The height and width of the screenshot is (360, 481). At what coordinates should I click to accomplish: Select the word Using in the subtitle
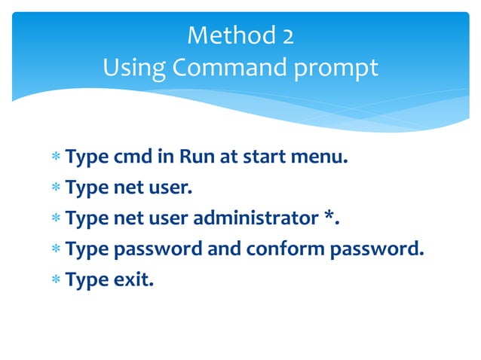[133, 68]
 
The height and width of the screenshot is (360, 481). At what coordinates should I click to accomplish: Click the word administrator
[255, 218]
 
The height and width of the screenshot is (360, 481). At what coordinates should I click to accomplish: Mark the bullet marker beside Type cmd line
[55, 159]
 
